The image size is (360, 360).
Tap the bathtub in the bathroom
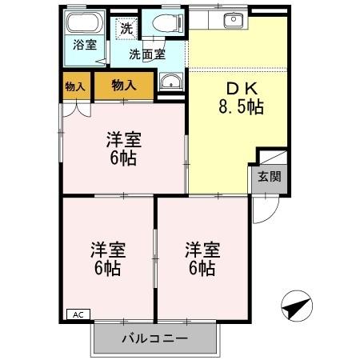(84, 23)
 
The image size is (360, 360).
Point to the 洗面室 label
(149, 54)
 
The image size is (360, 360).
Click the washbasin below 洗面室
(170, 81)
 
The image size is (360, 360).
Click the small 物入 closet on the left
(75, 86)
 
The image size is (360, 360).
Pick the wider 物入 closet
(124, 85)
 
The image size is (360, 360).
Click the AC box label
(78, 315)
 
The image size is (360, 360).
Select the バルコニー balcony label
(155, 338)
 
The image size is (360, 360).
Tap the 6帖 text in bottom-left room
(106, 268)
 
